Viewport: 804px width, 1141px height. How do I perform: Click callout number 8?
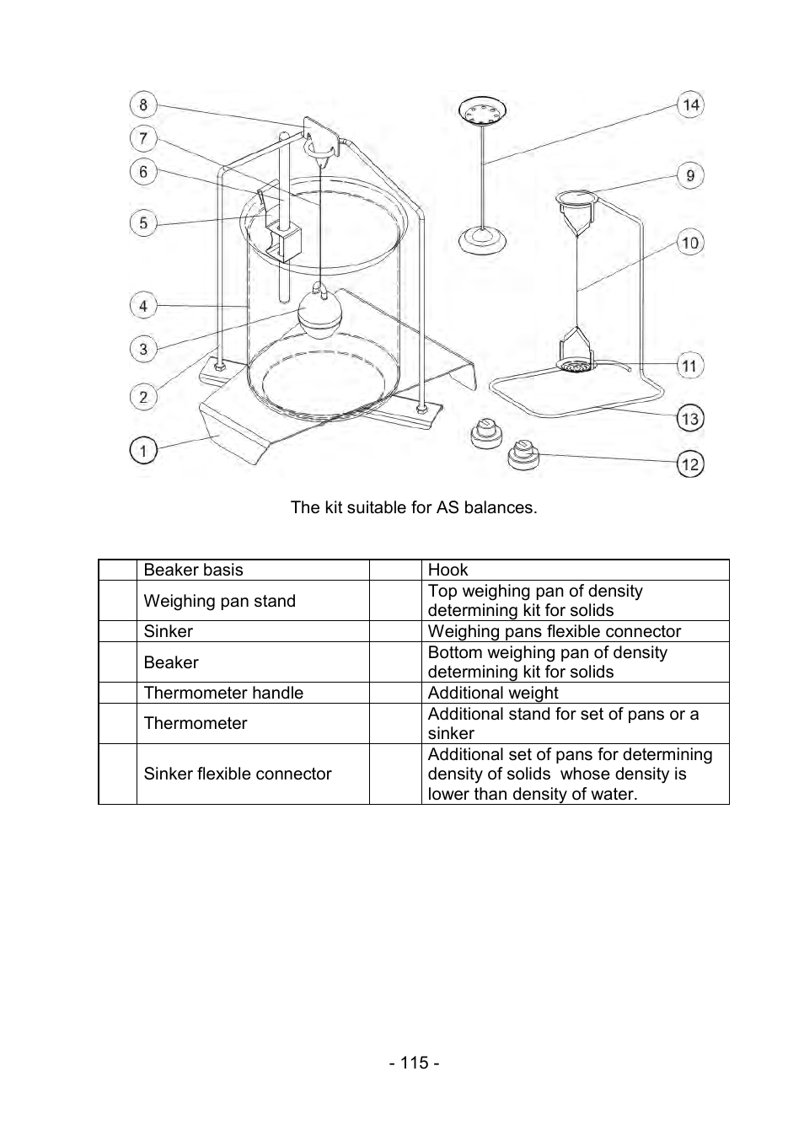[x=143, y=104]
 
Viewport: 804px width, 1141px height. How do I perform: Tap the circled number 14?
[x=690, y=104]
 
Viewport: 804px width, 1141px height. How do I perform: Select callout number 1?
[x=143, y=451]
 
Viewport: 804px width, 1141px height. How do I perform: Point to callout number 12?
[x=690, y=463]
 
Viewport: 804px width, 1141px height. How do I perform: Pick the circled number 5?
[x=143, y=223]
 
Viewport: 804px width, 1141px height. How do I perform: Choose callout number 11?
[x=690, y=366]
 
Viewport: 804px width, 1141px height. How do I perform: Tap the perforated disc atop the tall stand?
[x=482, y=111]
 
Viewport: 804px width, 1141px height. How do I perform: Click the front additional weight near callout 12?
[x=523, y=456]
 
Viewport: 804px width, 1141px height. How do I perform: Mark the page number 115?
[x=414, y=1063]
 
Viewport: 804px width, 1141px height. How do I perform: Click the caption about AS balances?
[x=414, y=507]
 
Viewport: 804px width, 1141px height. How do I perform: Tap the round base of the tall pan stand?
[x=483, y=240]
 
